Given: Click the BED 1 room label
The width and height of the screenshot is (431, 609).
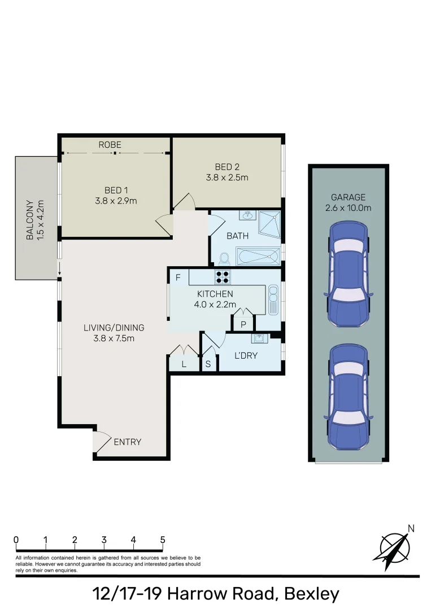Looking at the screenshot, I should [116, 189].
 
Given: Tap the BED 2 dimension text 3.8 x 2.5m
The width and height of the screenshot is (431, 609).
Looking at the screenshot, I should [227, 177].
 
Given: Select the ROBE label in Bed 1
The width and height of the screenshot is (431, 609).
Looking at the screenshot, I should [110, 145].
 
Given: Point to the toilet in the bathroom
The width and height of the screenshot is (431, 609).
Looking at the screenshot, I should [223, 258].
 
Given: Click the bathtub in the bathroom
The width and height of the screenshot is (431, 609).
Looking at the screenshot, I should [258, 257].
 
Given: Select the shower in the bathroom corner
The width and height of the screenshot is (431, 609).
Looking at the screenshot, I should [269, 224].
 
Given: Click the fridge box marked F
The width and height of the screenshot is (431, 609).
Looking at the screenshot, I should [179, 277].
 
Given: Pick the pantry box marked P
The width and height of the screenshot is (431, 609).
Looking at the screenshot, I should [243, 324].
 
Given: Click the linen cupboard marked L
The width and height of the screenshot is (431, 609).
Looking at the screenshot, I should [184, 364].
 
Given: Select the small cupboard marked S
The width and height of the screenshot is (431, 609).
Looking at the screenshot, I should [208, 364].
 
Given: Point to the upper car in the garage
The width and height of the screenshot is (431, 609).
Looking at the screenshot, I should [348, 273].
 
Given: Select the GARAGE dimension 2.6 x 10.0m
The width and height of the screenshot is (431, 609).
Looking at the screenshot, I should [348, 208].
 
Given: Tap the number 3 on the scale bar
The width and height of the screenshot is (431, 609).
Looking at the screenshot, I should [104, 540].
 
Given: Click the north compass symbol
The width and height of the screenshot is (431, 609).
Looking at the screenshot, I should [394, 546].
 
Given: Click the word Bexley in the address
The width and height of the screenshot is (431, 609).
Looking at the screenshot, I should [311, 594].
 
